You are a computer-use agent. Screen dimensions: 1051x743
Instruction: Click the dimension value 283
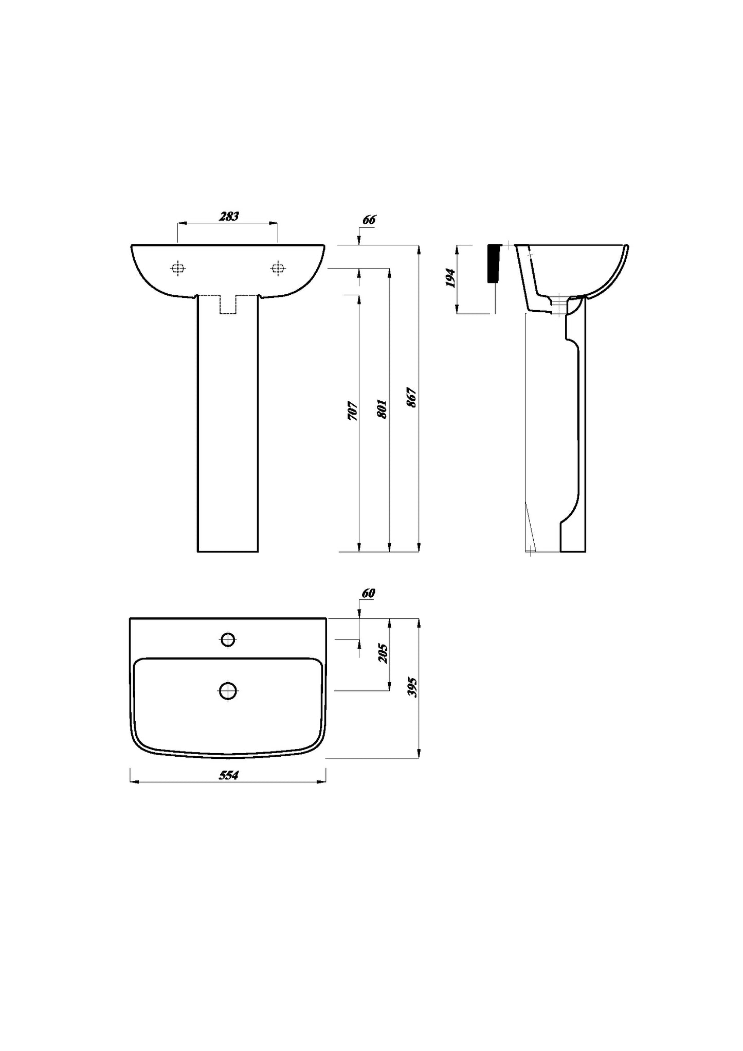tap(229, 217)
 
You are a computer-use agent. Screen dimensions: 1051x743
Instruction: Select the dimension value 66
tap(369, 220)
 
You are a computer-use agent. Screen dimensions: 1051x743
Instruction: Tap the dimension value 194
tap(451, 278)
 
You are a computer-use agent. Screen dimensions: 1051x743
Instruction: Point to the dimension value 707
tap(352, 411)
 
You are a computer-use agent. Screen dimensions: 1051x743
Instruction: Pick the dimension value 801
tap(382, 408)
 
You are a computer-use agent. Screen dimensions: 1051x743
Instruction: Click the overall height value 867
tap(412, 398)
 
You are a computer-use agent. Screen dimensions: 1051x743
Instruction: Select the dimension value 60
tap(368, 593)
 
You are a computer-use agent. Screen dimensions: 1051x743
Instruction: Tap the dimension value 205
tap(383, 653)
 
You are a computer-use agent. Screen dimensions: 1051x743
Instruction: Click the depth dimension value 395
tap(412, 687)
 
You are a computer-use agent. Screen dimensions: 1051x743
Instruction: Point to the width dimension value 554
tap(228, 775)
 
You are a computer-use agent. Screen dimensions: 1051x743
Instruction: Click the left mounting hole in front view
tap(178, 268)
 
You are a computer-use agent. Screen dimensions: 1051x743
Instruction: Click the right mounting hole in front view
tap(278, 268)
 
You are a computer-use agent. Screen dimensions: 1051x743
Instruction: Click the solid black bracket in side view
tap(494, 263)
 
